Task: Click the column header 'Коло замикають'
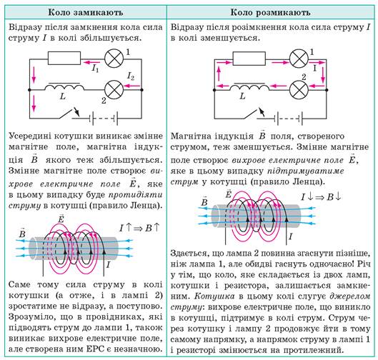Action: [86, 12]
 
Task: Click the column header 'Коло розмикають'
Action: [270, 12]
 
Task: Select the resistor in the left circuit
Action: [64, 58]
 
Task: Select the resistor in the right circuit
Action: [249, 58]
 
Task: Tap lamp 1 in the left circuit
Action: [114, 59]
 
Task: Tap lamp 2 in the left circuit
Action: [114, 89]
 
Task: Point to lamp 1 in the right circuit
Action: [299, 59]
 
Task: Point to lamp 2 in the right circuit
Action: [299, 89]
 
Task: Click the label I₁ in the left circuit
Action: [95, 69]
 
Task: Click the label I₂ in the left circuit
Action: [131, 76]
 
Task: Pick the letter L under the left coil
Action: [63, 97]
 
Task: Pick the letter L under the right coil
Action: [243, 96]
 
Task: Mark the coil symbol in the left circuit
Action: [64, 86]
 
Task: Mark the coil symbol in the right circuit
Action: [249, 86]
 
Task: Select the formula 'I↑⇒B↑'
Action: [139, 227]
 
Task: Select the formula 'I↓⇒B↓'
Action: [322, 197]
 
